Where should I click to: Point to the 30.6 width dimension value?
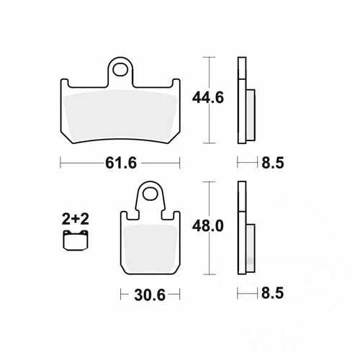point(149,294)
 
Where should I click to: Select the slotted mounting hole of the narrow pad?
point(149,194)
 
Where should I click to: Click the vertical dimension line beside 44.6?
point(208,101)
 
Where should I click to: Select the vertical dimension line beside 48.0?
point(208,228)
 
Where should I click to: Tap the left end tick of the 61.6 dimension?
point(60,163)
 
